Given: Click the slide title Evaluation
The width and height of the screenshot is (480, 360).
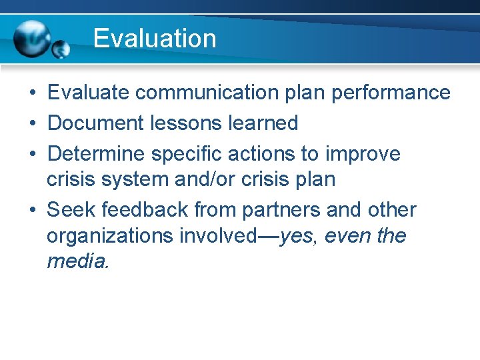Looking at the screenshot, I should coord(155,38).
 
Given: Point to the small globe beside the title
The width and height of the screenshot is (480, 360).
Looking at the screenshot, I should coord(61,49).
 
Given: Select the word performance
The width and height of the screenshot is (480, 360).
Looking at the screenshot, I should coord(391,93).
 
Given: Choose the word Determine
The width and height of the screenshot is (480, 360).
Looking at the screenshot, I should coord(97,154).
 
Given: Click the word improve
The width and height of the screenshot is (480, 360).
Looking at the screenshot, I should coord(363,154).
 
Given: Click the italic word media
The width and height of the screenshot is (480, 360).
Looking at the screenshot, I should coord(77,261).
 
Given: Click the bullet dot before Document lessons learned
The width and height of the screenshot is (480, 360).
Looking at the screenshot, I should coord(32,124).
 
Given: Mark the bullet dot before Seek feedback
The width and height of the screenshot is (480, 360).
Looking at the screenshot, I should coord(32,211).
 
